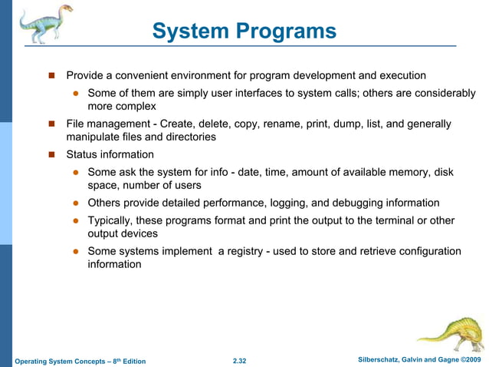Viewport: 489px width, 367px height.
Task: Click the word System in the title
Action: pos(191,31)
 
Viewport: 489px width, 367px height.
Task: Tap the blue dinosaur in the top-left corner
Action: pos(42,24)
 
